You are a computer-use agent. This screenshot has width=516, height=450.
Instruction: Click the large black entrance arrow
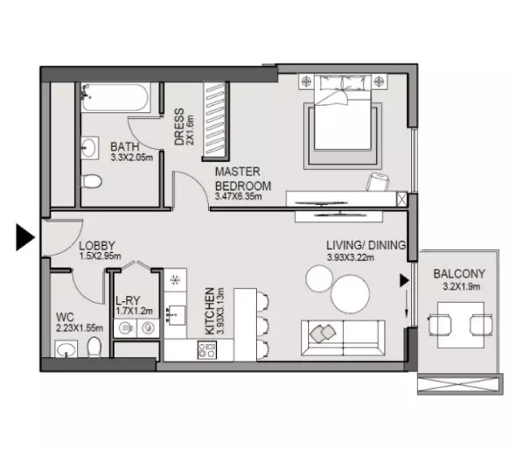click(25, 237)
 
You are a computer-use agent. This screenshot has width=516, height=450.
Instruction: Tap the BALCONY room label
click(459, 274)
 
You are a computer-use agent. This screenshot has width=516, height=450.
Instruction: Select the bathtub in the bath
click(115, 97)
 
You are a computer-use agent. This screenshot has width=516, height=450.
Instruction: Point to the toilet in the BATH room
click(91, 181)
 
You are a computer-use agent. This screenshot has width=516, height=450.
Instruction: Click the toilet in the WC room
click(94, 347)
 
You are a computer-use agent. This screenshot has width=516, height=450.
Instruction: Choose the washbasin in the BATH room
click(89, 148)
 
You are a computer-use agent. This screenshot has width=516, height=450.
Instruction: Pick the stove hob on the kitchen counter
click(207, 350)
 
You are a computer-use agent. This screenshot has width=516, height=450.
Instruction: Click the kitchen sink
click(176, 315)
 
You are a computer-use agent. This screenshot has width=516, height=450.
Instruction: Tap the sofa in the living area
click(343, 338)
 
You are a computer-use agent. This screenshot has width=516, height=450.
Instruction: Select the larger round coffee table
click(350, 294)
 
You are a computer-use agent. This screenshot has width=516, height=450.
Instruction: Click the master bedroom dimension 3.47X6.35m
click(238, 197)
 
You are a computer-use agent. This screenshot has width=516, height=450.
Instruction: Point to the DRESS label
click(179, 127)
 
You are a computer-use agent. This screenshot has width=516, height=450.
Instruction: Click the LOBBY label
click(97, 246)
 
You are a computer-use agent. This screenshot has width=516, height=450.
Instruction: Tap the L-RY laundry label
click(128, 300)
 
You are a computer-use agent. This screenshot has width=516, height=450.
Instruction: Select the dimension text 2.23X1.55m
click(80, 328)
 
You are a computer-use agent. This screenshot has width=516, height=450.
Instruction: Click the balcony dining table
click(461, 325)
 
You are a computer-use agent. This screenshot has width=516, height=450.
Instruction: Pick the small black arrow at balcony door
click(404, 281)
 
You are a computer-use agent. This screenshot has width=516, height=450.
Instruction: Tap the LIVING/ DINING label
click(366, 245)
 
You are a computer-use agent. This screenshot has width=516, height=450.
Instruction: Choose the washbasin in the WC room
click(66, 349)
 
